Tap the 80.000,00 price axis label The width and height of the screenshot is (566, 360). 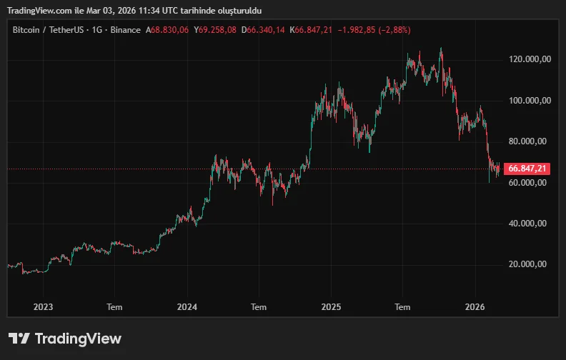point(527,141)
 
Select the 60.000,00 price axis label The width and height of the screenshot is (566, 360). point(527,182)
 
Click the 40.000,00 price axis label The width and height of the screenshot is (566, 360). point(527,224)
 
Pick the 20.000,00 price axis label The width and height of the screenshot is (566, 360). point(527,264)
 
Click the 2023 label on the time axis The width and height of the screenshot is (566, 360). point(43,306)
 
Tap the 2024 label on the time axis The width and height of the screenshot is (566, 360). point(187,306)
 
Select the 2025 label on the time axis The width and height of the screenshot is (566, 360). point(331,306)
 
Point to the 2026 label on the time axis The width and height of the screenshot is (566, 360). point(475,306)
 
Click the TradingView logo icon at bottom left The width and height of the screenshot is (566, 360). point(19,339)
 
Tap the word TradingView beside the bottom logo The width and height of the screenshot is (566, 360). point(78,339)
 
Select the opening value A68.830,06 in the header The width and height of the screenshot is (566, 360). point(167,30)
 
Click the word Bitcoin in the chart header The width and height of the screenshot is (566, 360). point(26,30)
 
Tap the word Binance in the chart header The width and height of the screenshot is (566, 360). point(126,30)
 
